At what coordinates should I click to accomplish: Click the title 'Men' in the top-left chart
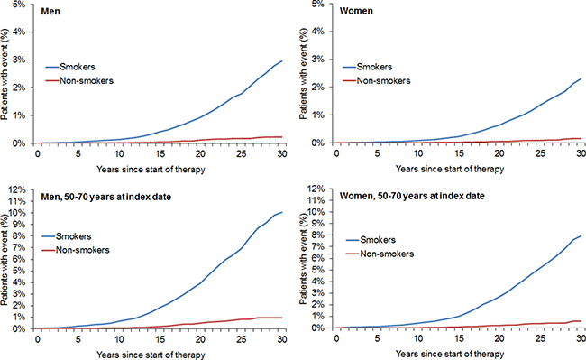click(x=50, y=11)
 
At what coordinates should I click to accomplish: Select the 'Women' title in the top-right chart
click(x=356, y=11)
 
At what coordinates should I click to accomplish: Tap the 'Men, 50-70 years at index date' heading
click(x=105, y=197)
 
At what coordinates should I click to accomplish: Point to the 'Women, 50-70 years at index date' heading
click(x=412, y=196)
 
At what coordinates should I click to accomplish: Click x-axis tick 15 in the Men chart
click(x=160, y=153)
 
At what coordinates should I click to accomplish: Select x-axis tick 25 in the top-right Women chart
click(x=540, y=153)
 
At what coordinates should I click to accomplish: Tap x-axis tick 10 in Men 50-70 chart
click(x=119, y=339)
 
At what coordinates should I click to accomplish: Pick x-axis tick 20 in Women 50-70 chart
click(x=499, y=338)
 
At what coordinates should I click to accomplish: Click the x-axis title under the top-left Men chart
click(x=151, y=170)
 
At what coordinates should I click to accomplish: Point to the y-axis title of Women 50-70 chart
click(x=303, y=260)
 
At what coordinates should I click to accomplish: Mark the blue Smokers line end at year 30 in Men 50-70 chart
click(x=282, y=212)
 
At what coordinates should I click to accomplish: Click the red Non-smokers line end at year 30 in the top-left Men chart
click(x=282, y=137)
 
